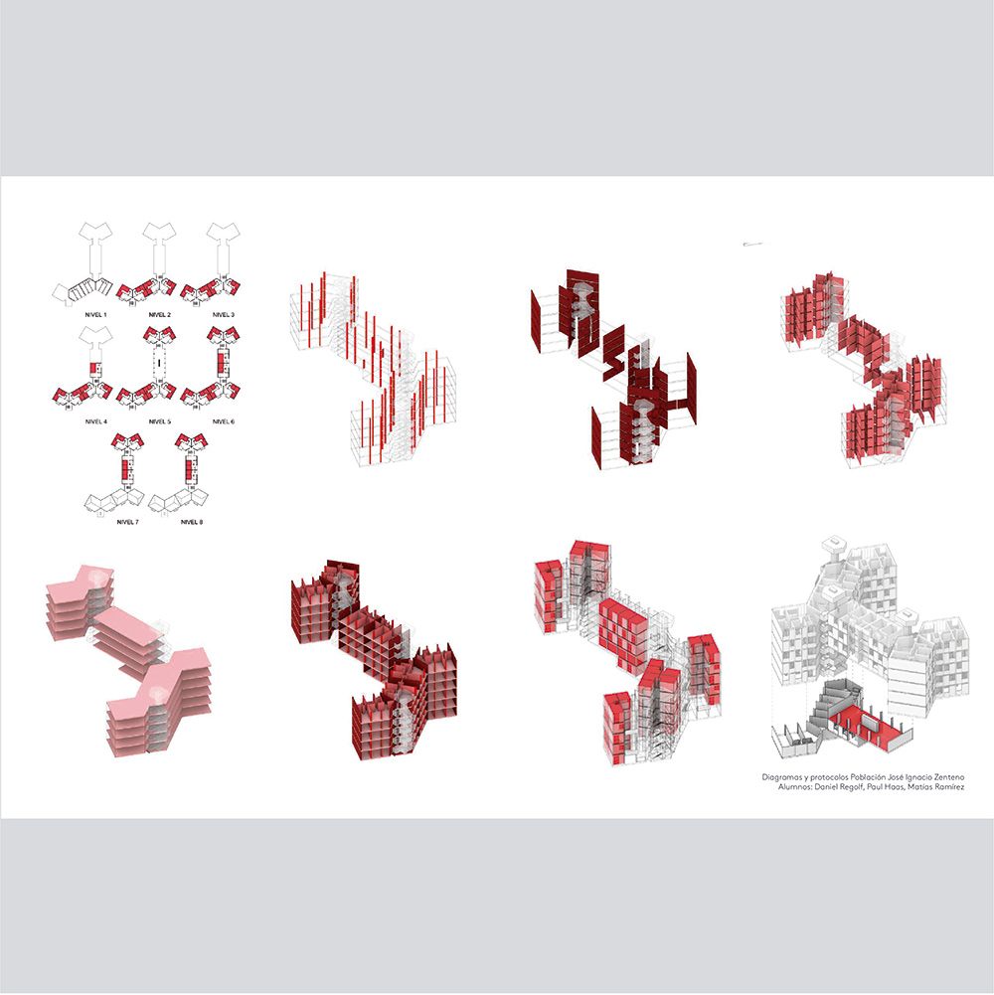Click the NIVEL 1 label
(x=95, y=315)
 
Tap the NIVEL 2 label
(x=159, y=315)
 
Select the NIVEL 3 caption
(x=223, y=315)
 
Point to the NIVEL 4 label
(x=95, y=421)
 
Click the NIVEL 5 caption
(x=159, y=421)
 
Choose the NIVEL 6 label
(x=223, y=421)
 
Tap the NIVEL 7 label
(x=127, y=522)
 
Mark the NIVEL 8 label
(x=191, y=522)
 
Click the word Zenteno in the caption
(x=949, y=777)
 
